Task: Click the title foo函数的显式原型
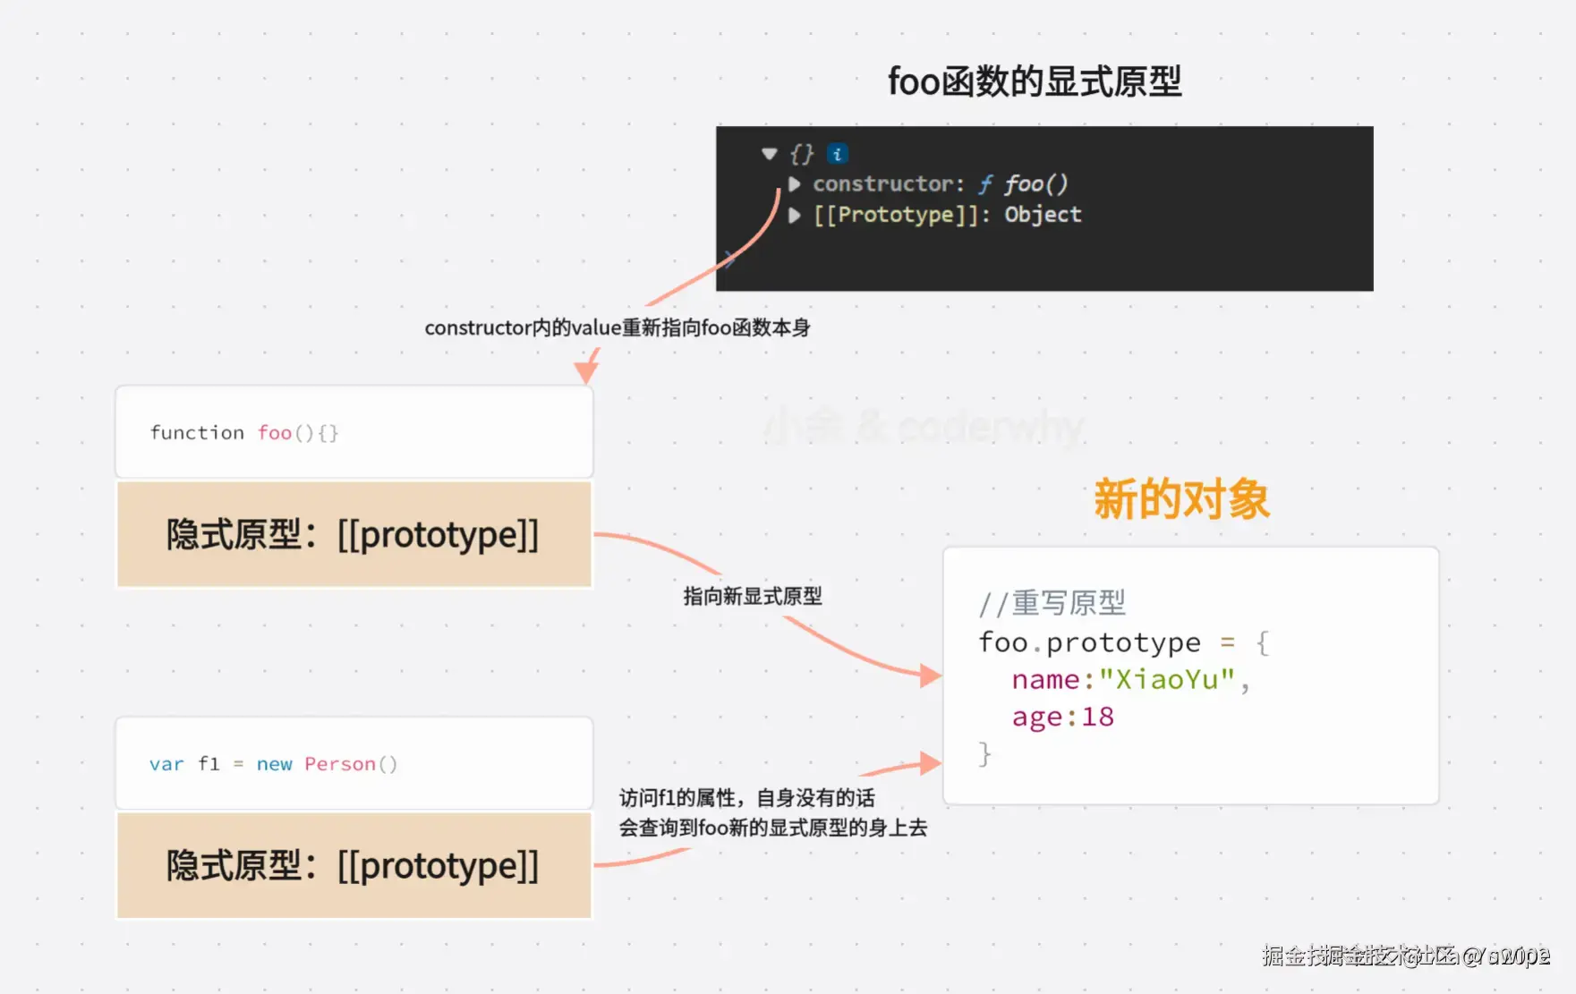pyautogui.click(x=1034, y=81)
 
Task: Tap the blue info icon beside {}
pyautogui.click(x=837, y=154)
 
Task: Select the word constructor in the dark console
pyautogui.click(x=883, y=184)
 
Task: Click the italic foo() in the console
pyautogui.click(x=1035, y=184)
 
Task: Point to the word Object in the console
pyautogui.click(x=1043, y=215)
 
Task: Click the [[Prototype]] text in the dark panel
pyautogui.click(x=896, y=215)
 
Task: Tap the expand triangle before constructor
pyautogui.click(x=794, y=184)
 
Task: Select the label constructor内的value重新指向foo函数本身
pyautogui.click(x=617, y=328)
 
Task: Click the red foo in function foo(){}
pyautogui.click(x=275, y=433)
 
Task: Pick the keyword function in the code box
pyautogui.click(x=197, y=433)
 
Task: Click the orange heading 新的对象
pyautogui.click(x=1181, y=499)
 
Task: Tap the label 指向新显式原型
pyautogui.click(x=752, y=597)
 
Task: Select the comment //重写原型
pyautogui.click(x=1052, y=603)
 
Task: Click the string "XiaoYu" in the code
pyautogui.click(x=1167, y=680)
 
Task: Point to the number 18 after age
pyautogui.click(x=1098, y=718)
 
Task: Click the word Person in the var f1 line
pyautogui.click(x=340, y=764)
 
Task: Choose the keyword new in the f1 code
pyautogui.click(x=274, y=764)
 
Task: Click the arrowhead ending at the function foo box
pyautogui.click(x=586, y=371)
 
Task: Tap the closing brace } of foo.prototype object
pyautogui.click(x=984, y=754)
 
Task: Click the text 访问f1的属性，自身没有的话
pyautogui.click(x=746, y=798)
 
